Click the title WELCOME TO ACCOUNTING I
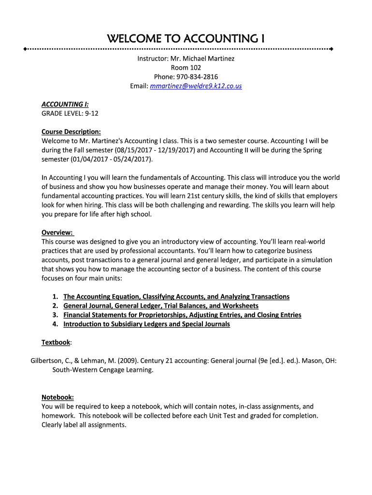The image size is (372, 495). (x=186, y=39)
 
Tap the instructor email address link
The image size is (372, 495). (x=196, y=86)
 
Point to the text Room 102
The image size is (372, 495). (x=186, y=68)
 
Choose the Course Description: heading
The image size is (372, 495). (x=71, y=131)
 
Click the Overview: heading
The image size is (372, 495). (x=57, y=232)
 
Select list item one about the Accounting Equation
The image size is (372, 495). (x=176, y=296)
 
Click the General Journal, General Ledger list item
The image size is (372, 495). (x=161, y=306)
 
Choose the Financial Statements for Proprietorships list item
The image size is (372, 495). (x=182, y=315)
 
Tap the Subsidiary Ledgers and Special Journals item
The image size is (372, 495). (x=146, y=324)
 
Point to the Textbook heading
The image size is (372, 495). (x=56, y=342)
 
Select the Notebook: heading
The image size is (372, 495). (x=57, y=397)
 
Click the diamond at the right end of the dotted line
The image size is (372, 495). (x=331, y=49)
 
